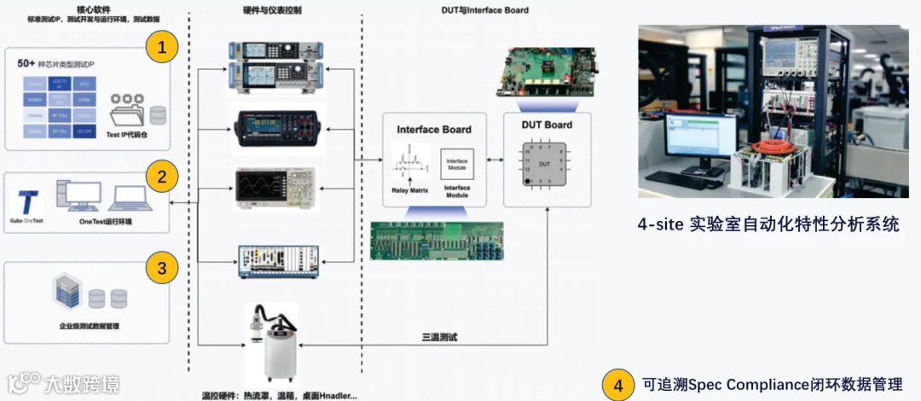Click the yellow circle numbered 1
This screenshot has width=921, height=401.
click(x=162, y=47)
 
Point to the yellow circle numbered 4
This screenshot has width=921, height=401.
click(x=618, y=385)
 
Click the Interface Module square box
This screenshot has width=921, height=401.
click(x=457, y=165)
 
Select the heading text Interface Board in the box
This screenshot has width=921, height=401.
click(x=434, y=130)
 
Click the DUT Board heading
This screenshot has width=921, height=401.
click(x=547, y=125)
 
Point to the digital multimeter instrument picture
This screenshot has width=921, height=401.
click(x=278, y=128)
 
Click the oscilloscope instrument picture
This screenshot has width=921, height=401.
click(x=275, y=187)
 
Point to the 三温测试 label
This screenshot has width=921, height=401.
click(x=440, y=337)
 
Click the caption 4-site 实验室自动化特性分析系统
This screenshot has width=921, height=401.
click(x=767, y=225)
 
